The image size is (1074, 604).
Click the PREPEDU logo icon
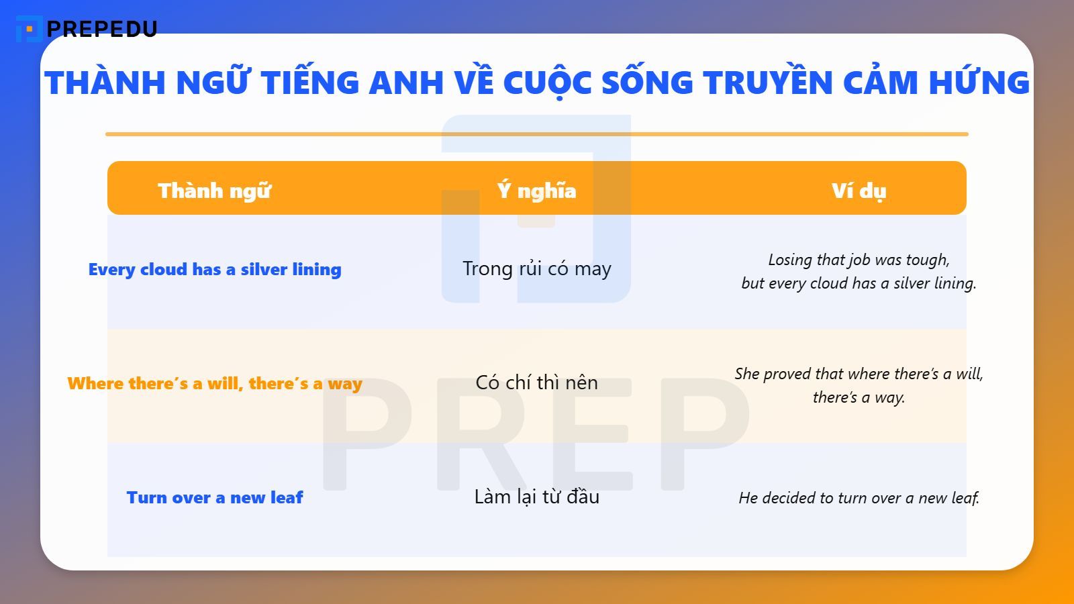29,29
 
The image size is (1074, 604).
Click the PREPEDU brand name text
102,29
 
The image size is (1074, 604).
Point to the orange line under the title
537,134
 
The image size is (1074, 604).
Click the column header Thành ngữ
215,191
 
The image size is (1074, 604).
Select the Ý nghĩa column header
537,191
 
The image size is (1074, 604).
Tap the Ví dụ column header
859,191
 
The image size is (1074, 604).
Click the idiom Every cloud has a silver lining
215,269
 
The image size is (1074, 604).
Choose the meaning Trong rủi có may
537,268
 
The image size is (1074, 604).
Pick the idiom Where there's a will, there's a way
215,383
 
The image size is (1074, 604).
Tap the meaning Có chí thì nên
537,383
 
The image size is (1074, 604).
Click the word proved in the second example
788,374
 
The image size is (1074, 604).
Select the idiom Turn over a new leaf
215,497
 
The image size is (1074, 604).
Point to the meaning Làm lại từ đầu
537,497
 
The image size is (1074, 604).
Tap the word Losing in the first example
790,260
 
